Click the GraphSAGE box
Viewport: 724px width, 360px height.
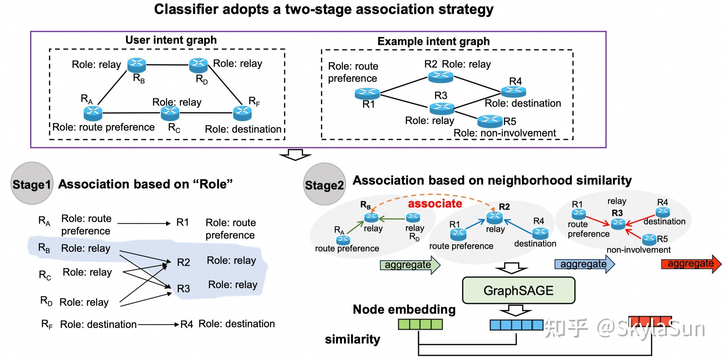(x=518, y=290)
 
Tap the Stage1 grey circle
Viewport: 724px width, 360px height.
(x=32, y=183)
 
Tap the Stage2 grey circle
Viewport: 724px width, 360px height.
(x=324, y=184)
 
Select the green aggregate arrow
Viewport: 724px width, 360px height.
(x=410, y=265)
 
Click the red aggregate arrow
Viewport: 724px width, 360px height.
(x=691, y=264)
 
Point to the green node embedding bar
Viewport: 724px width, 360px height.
(x=420, y=324)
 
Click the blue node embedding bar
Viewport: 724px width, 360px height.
(x=516, y=325)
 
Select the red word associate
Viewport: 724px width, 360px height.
(x=435, y=204)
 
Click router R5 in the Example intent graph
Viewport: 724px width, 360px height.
(x=490, y=121)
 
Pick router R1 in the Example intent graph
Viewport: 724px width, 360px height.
(x=367, y=93)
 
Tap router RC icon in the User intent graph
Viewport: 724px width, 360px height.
(x=170, y=112)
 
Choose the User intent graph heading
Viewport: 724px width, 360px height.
(x=171, y=40)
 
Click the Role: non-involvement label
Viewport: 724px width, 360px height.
(x=505, y=133)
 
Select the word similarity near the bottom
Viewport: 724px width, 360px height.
(x=352, y=339)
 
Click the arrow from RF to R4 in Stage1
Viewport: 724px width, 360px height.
(x=158, y=324)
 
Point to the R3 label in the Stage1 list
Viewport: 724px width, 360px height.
(x=183, y=289)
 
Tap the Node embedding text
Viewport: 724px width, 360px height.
(x=404, y=309)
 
